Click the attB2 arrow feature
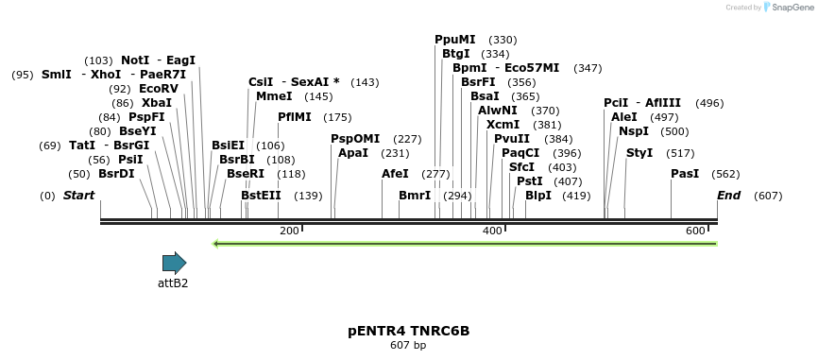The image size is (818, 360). click(x=174, y=263)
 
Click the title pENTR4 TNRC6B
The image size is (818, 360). click(x=408, y=331)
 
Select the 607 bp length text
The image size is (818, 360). click(x=408, y=346)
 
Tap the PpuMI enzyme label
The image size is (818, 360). click(x=454, y=40)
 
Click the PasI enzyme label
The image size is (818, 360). click(x=685, y=174)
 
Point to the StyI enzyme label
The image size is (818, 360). click(x=639, y=153)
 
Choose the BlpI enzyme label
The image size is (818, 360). click(x=537, y=196)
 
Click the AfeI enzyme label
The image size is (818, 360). click(x=395, y=174)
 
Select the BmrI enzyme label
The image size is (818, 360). click(x=414, y=196)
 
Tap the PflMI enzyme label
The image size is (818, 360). click(x=295, y=117)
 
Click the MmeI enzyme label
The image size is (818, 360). click(x=274, y=96)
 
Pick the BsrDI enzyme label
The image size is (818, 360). click(x=116, y=174)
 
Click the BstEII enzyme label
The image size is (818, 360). click(x=261, y=196)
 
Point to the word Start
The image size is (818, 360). click(x=79, y=196)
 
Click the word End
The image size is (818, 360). click(x=728, y=196)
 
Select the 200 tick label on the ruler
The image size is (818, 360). click(x=289, y=231)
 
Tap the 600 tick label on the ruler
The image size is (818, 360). click(x=695, y=231)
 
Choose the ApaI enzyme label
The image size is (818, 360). click(x=352, y=153)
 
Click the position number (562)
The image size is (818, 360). click(x=725, y=174)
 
